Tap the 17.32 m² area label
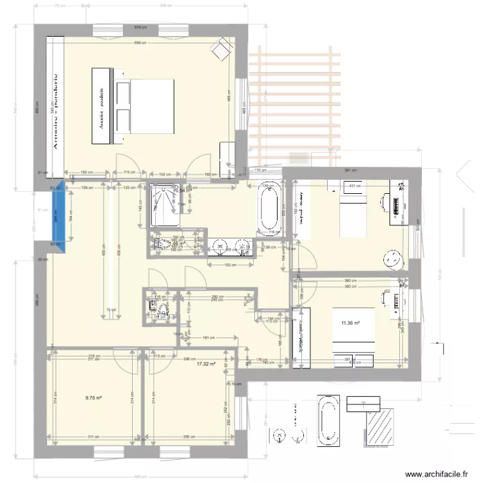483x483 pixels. click(x=205, y=363)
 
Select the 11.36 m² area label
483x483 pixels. click(x=350, y=323)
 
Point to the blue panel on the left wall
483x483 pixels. click(x=59, y=217)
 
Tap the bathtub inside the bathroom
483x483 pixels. click(x=269, y=209)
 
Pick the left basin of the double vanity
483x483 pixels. click(x=220, y=245)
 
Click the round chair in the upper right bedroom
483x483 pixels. click(x=392, y=258)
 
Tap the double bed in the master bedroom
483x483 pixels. click(x=145, y=106)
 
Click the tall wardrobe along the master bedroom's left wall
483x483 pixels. click(x=55, y=106)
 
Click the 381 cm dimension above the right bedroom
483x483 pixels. click(x=349, y=170)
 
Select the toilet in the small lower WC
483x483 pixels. click(x=162, y=312)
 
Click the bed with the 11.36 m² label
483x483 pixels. click(x=353, y=328)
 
